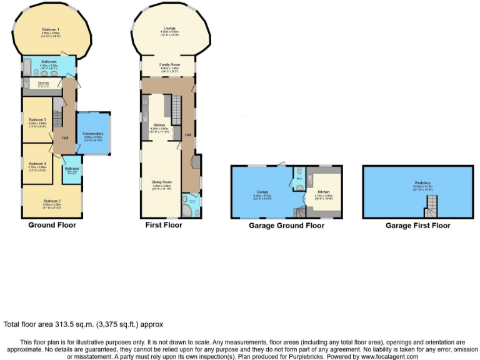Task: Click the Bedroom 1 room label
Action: click(x=51, y=30)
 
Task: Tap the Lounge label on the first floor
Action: click(x=169, y=29)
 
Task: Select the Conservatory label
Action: click(x=93, y=133)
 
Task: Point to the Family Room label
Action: click(x=167, y=64)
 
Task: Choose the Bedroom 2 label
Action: click(x=52, y=201)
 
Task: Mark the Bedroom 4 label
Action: click(x=37, y=164)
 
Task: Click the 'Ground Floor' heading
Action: click(x=52, y=225)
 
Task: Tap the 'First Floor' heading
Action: click(x=164, y=225)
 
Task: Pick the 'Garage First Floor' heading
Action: click(x=417, y=225)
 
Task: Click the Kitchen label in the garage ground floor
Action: click(x=324, y=192)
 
